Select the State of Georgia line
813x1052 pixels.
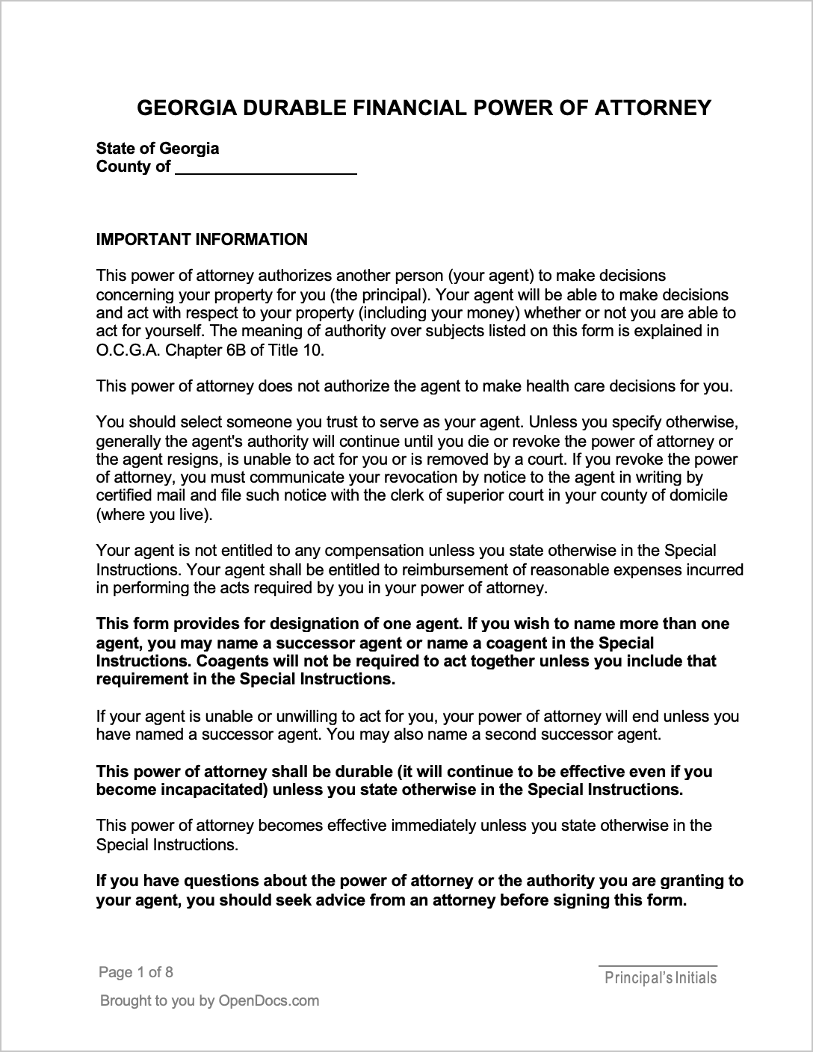[x=158, y=148]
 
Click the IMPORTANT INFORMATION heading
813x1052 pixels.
[x=202, y=240]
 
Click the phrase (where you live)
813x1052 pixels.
[x=154, y=514]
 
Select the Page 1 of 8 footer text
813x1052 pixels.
[x=136, y=972]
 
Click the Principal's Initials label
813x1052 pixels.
[x=660, y=978]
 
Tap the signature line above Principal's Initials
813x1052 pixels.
[x=658, y=966]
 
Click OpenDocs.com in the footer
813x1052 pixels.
[x=268, y=1000]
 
